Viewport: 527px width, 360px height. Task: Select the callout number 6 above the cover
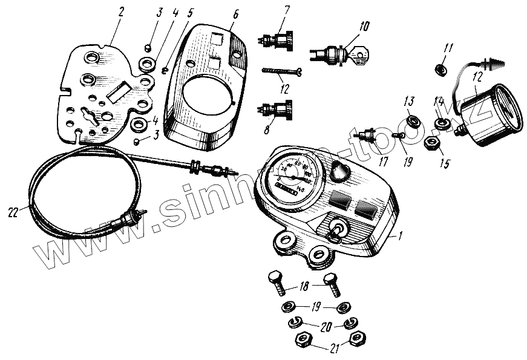coord(235,13)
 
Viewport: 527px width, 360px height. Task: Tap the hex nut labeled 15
coord(431,143)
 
